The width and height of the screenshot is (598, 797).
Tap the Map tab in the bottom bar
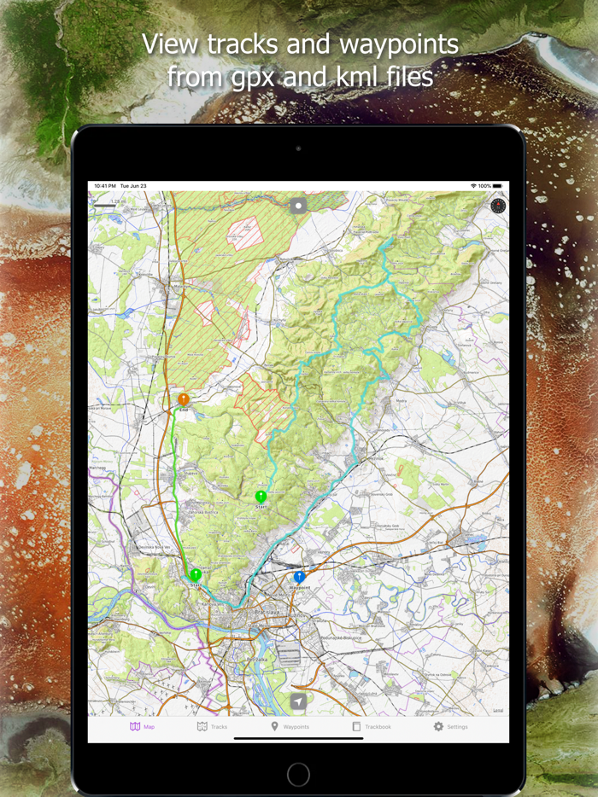[142, 726]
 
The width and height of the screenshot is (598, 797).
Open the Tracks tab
[212, 726]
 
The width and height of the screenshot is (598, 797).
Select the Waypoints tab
[290, 726]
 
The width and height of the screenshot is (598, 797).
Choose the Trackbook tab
[372, 726]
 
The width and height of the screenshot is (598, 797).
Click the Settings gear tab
[450, 726]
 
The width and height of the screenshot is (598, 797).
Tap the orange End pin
[183, 398]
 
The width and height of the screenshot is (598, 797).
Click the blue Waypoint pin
[299, 578]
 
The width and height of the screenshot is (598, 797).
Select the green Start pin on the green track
[196, 574]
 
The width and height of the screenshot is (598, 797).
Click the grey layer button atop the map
[298, 205]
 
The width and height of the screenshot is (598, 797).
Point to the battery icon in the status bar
[497, 185]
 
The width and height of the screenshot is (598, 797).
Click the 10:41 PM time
[105, 185]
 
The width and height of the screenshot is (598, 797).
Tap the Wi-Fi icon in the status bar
[473, 185]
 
